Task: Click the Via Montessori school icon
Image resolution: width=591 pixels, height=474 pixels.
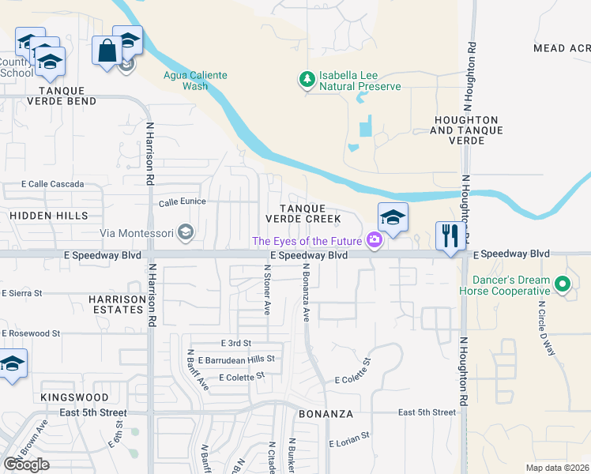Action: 186,232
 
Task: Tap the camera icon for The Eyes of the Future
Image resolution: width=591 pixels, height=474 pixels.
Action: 374,241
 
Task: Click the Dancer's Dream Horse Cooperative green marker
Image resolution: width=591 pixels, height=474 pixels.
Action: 562,283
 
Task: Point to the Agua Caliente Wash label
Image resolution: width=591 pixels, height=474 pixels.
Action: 195,81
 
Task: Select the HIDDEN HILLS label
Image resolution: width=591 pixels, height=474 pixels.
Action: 49,216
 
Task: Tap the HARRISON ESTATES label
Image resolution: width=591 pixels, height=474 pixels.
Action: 117,305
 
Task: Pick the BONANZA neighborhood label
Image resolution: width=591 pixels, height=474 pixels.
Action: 326,414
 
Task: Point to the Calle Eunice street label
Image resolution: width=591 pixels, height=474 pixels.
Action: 183,202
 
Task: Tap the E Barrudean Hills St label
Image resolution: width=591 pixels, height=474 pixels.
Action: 236,359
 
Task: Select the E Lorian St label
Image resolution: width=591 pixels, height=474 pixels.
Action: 349,436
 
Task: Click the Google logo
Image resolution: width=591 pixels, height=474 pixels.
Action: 26,465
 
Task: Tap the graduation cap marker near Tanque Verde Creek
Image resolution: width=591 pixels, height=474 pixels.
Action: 393,217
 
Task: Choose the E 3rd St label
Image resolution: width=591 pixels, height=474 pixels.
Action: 235,344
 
